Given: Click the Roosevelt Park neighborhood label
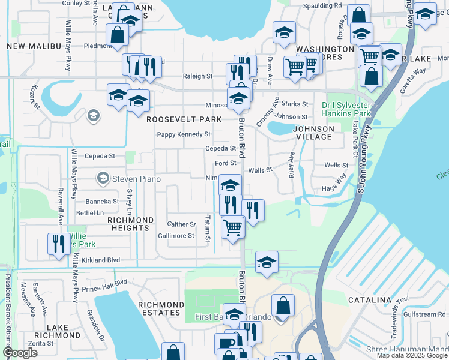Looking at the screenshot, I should tap(184, 119).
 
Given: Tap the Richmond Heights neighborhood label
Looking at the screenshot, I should tap(128, 224).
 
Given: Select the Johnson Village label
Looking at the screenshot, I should tap(313, 133).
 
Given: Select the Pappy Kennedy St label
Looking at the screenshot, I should tap(184, 134).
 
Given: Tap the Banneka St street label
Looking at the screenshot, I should tap(102, 202).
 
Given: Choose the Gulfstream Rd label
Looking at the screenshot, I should tap(424, 314).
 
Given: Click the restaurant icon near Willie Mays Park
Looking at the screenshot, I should tap(58, 244).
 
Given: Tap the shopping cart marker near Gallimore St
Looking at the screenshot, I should tap(232, 227).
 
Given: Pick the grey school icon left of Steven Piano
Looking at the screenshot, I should tap(103, 178).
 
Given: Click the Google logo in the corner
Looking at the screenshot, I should tap(20, 353).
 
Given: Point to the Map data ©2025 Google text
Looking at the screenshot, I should tap(412, 355).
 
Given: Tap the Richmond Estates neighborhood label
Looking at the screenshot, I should tap(160, 308).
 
